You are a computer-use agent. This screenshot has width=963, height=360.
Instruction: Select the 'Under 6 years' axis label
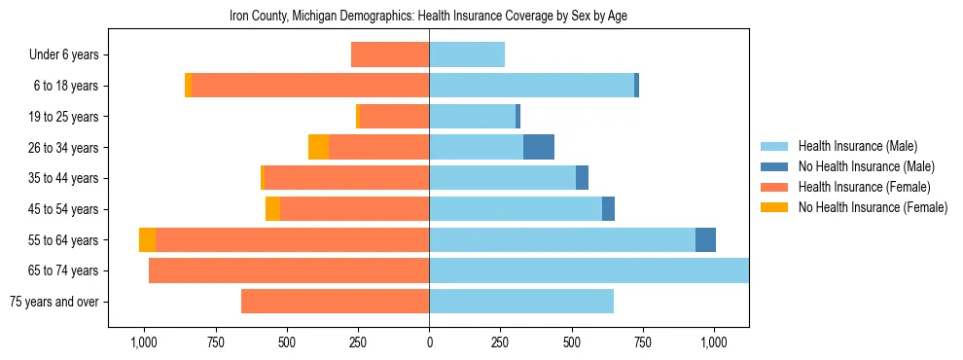[69, 55]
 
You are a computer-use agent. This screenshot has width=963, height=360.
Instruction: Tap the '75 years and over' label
[54, 302]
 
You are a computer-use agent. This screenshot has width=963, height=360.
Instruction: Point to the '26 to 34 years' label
[65, 148]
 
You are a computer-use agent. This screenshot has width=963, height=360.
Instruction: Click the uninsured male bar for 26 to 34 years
[539, 147]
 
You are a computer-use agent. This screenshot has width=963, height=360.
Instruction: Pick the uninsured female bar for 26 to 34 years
[318, 147]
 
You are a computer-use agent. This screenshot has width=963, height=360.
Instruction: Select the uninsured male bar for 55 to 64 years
[705, 239]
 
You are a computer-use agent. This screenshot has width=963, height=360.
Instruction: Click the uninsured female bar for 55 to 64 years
[147, 239]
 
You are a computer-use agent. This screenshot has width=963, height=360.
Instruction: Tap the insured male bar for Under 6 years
[467, 54]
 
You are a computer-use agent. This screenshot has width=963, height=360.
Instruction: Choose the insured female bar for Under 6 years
[390, 54]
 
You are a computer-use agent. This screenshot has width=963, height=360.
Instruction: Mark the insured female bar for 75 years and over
[336, 302]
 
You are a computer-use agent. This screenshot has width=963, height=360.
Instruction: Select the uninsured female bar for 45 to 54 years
[272, 209]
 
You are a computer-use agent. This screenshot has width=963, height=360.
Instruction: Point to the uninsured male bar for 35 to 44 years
[582, 178]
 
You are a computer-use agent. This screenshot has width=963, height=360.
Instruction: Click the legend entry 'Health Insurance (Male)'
[857, 146]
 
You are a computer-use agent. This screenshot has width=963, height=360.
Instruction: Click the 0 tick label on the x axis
[429, 342]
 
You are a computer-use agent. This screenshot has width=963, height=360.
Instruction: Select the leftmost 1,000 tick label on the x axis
[144, 342]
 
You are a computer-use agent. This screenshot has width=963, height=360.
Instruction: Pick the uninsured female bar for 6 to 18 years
[188, 86]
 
